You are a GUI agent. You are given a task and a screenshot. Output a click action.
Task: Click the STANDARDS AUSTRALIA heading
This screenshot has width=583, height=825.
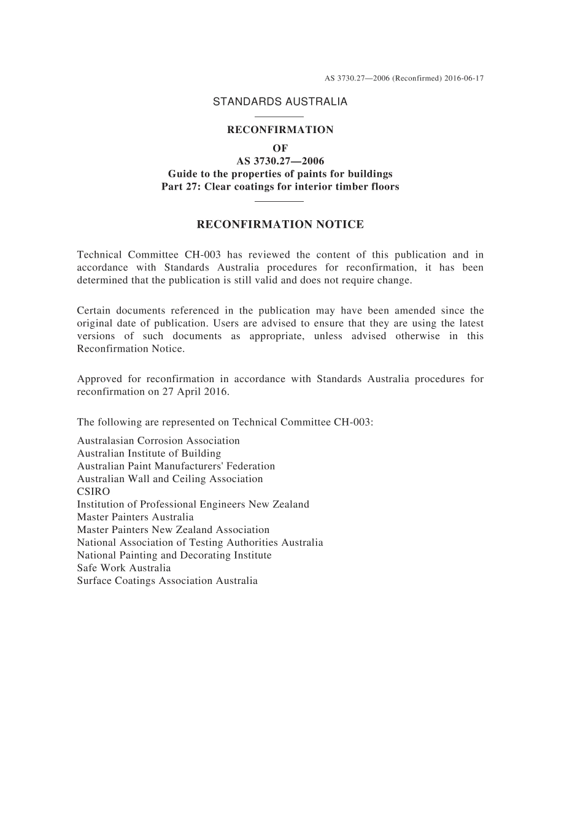[x=280, y=102]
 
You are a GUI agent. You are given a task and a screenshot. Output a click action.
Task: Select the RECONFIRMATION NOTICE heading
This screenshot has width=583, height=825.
[x=280, y=224]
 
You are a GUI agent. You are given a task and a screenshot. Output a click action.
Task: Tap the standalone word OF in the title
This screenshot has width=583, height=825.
[x=280, y=148]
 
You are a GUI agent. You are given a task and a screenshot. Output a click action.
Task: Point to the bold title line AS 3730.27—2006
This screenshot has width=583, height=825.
[x=280, y=161]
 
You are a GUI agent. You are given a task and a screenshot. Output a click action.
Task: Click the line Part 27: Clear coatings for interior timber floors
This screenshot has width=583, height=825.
[x=280, y=186]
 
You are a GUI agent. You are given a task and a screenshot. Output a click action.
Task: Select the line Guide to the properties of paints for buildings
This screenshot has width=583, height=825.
[x=280, y=174]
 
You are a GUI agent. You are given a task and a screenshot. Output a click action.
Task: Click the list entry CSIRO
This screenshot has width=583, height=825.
[x=93, y=492]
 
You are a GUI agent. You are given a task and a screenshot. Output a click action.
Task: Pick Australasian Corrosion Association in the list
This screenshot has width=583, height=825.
[x=158, y=441]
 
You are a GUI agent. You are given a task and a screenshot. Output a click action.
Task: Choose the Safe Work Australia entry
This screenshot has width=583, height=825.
[x=124, y=568]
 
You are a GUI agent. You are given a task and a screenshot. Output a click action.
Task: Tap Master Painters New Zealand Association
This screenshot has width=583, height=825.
[x=173, y=530]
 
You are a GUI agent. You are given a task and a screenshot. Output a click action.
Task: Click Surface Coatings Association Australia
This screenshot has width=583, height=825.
[x=167, y=581]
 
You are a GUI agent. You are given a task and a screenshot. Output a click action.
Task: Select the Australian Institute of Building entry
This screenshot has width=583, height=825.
[x=149, y=454]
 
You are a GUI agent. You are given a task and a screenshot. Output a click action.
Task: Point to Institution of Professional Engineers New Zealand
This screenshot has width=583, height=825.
[x=193, y=505]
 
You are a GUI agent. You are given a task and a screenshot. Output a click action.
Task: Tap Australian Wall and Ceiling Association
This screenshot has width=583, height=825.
[x=169, y=479]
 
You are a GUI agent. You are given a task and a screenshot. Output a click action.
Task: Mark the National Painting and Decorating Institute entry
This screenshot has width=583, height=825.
[x=174, y=556]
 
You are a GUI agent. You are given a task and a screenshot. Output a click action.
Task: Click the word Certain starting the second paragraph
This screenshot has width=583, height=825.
[x=93, y=311]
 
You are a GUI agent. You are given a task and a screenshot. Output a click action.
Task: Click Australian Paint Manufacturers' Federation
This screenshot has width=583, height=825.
[x=176, y=467]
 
